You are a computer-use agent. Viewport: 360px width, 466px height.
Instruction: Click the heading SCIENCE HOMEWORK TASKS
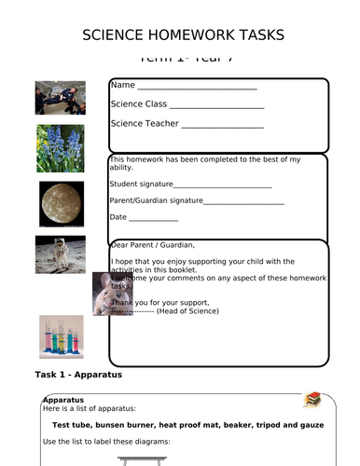pyautogui.click(x=183, y=35)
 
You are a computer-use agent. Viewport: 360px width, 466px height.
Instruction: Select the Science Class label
pyautogui.click(x=138, y=104)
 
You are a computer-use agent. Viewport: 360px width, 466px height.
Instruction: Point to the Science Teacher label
pyautogui.click(x=145, y=123)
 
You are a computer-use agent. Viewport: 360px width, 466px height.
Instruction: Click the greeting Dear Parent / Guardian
pyautogui.click(x=153, y=245)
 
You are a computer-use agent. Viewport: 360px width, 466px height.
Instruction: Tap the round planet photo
pyautogui.click(x=61, y=201)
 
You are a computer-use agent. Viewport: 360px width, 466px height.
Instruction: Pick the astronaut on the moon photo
pyautogui.click(x=61, y=254)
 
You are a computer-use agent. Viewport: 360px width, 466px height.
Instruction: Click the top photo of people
pyautogui.click(x=60, y=97)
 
